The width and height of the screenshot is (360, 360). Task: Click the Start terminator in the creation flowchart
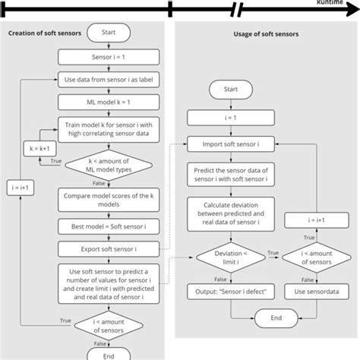pos(109,33)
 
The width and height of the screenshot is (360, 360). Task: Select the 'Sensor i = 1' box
pos(109,57)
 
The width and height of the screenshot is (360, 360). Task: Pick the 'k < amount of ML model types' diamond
pos(109,167)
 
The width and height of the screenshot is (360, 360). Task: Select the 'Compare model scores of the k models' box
pos(109,201)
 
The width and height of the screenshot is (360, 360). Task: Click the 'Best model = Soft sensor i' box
pos(109,226)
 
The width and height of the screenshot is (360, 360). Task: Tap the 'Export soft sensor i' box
pos(109,249)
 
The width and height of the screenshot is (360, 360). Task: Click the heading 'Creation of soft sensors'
pos(45,33)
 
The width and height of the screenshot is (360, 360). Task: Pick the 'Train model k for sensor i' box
pos(109,127)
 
